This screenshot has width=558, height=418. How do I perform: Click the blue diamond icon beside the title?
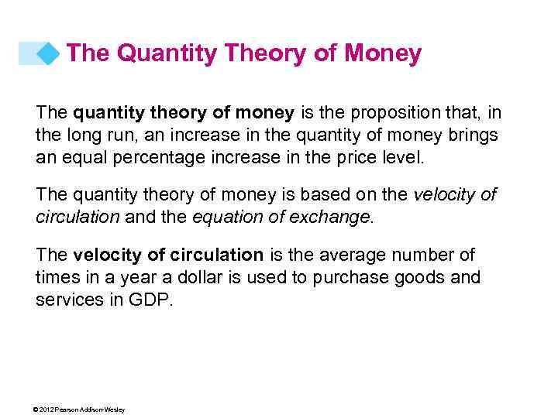tap(49, 53)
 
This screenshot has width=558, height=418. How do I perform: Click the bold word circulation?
tap(208, 255)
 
